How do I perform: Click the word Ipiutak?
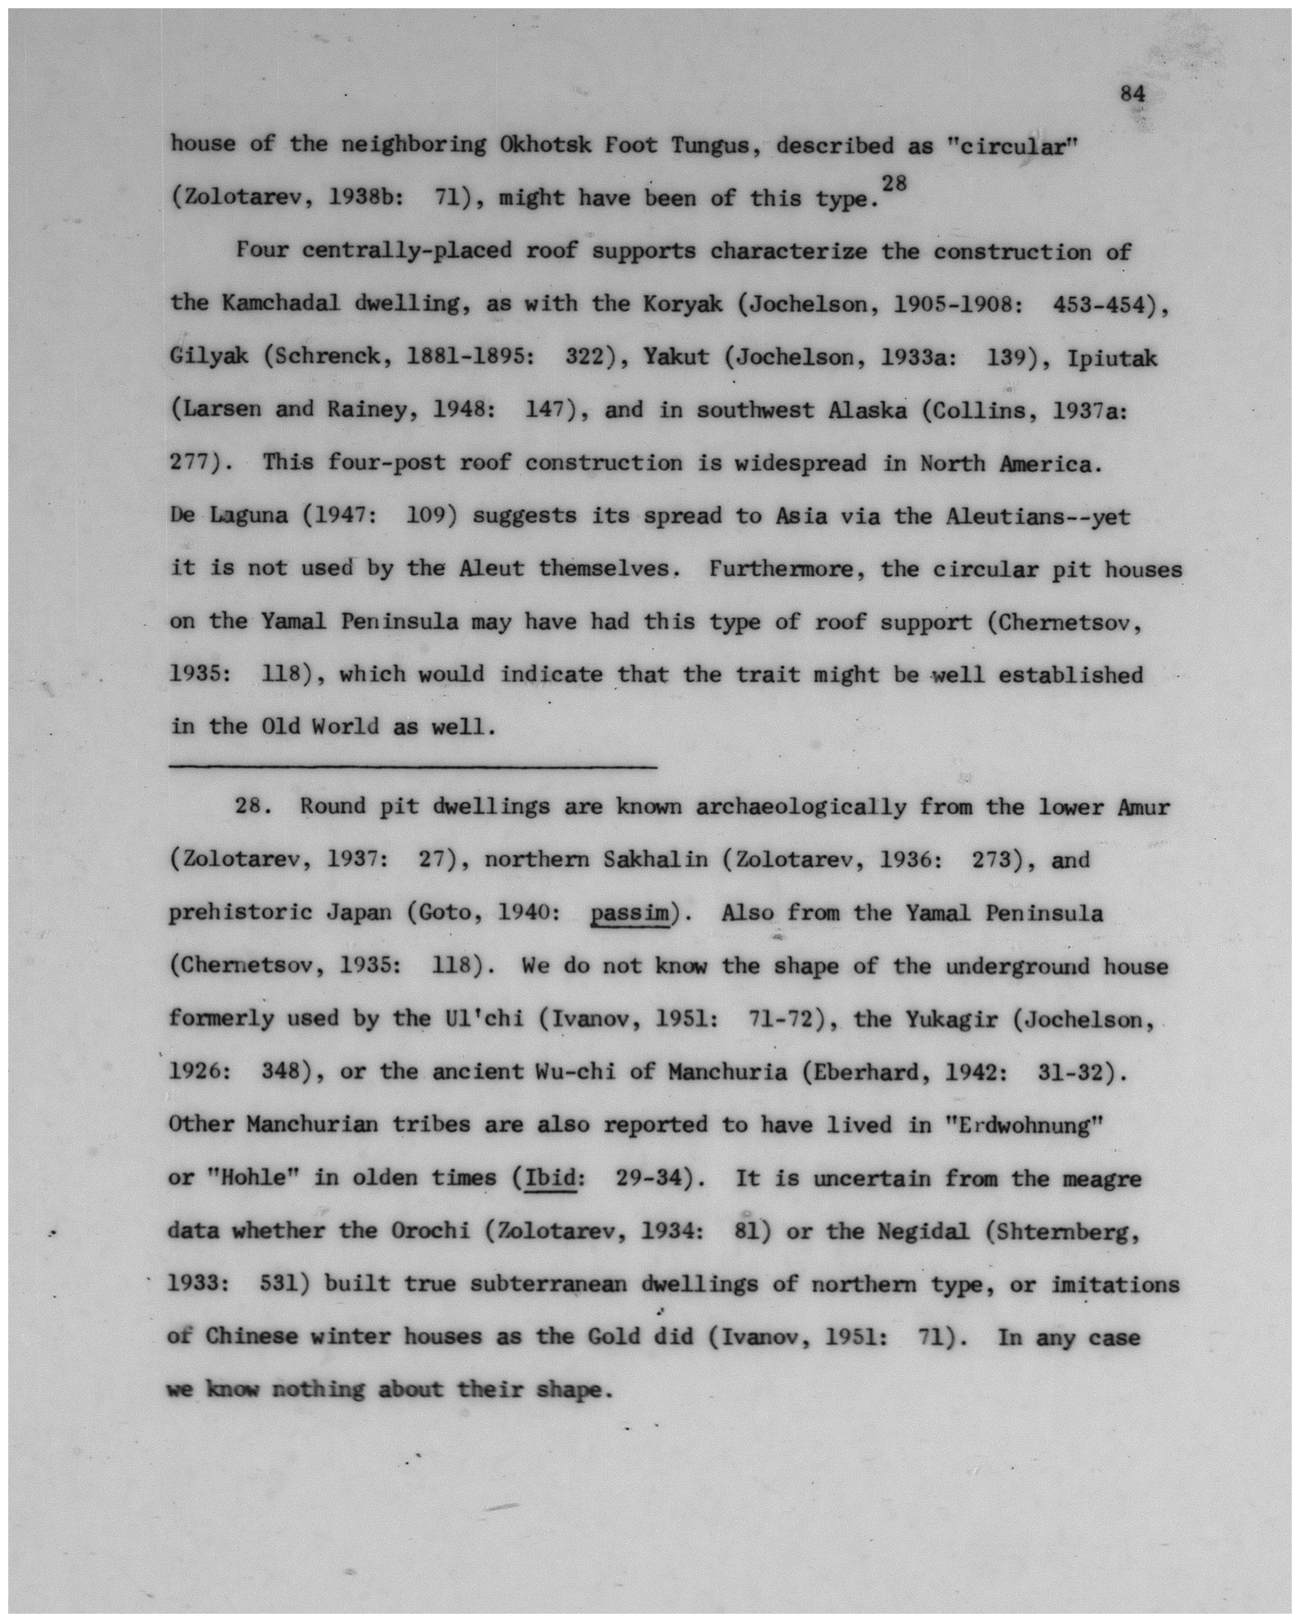tap(1111, 357)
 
